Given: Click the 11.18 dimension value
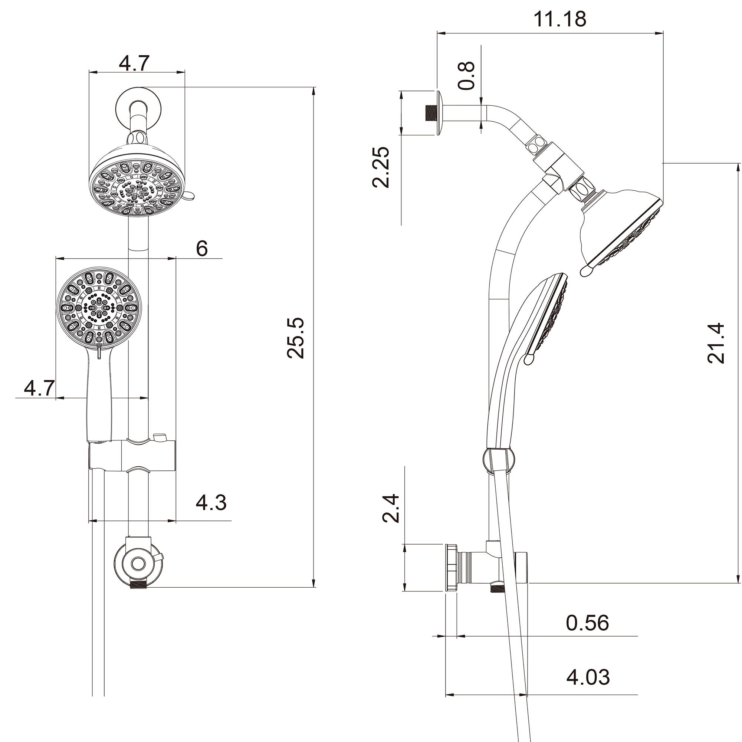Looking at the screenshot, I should [559, 19].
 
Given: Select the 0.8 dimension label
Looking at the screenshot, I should [467, 76].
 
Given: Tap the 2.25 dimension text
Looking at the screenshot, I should [381, 167].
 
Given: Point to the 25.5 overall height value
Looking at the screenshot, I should [296, 338].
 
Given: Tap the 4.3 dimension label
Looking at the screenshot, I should [211, 503].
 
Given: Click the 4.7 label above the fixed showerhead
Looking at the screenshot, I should [134, 63].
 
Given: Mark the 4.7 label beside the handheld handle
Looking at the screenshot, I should [39, 388].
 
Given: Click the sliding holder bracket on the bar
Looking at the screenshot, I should [132, 455].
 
